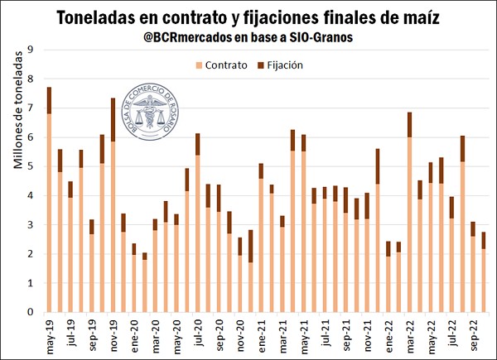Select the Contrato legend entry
click(224, 64)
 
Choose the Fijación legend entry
click(284, 64)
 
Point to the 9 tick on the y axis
click(31, 50)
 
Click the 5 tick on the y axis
click(31, 166)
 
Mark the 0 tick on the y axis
click(31, 312)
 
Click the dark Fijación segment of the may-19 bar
click(50, 100)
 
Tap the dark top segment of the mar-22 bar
click(409, 124)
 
